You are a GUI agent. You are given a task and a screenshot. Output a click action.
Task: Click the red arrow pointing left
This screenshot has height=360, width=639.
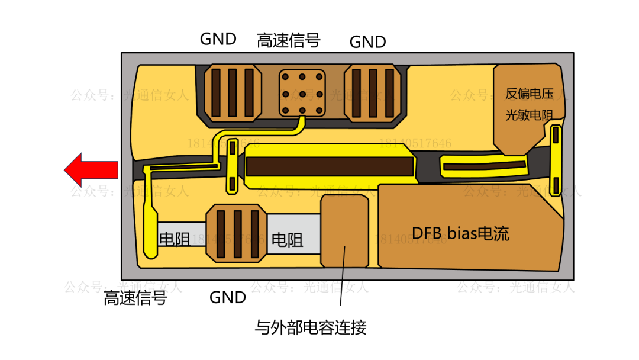coord(90,170)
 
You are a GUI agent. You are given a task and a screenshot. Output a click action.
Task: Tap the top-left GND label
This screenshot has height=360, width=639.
coord(218,39)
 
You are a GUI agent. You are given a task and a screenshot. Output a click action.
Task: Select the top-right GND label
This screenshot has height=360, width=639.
coord(367,42)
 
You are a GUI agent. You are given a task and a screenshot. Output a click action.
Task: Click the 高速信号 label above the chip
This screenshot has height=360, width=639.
coord(288,40)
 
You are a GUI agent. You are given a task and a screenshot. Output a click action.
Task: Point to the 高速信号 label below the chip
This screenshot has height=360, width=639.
coord(135,298)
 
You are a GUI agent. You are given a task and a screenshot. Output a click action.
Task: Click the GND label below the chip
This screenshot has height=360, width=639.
coord(228,297)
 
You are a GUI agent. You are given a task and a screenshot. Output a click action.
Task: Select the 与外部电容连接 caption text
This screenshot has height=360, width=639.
coord(310,327)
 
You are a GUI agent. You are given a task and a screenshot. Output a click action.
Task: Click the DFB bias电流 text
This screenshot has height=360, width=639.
coord(460,233)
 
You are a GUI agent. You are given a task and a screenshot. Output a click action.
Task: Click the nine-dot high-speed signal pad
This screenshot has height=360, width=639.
coord(302,94)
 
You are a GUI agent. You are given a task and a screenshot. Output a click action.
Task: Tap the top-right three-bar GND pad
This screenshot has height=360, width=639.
coord(373,94)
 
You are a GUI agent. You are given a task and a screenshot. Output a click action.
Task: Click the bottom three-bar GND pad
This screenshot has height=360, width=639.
coord(235,233)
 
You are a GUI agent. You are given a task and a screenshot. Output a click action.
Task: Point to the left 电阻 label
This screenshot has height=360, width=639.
coord(174,239)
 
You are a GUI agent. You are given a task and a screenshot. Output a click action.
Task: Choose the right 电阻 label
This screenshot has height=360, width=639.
coord(287,240)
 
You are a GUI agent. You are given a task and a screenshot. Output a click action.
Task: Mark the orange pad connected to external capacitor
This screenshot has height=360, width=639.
coord(344,231)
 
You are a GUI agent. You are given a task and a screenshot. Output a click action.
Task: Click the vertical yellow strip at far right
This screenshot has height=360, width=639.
coord(556,159)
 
